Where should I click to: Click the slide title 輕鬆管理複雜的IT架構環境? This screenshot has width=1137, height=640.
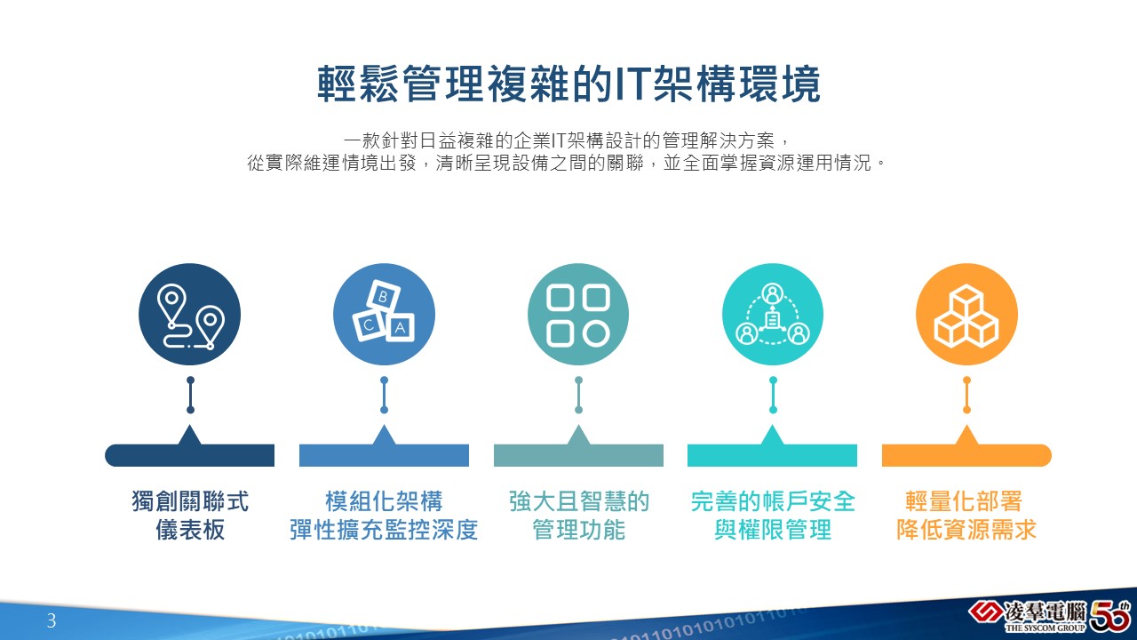point(568,84)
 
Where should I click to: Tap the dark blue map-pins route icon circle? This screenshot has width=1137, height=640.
point(189,314)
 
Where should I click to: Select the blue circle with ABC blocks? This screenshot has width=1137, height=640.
point(385,314)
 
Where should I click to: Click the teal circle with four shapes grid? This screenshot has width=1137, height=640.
point(578,314)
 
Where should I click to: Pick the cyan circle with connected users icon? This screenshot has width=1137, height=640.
point(773,314)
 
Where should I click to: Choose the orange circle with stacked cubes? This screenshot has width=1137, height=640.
point(966,314)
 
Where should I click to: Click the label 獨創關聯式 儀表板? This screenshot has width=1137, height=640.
point(190,515)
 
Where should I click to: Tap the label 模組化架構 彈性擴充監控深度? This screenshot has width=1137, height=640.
point(384,515)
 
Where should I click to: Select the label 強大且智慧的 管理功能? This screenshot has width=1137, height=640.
point(578,515)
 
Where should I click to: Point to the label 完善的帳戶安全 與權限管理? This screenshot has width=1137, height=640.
point(773,515)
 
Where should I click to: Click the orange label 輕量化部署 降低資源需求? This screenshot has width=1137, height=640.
point(966,515)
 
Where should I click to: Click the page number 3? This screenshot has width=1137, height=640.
point(52,620)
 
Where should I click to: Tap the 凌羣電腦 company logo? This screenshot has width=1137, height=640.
point(1028,616)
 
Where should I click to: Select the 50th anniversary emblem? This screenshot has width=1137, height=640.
point(1110,616)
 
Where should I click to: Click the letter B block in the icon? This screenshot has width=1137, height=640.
point(383,296)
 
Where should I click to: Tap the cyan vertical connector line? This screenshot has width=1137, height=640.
point(773,395)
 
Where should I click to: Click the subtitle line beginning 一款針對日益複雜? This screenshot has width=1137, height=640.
point(567,140)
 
